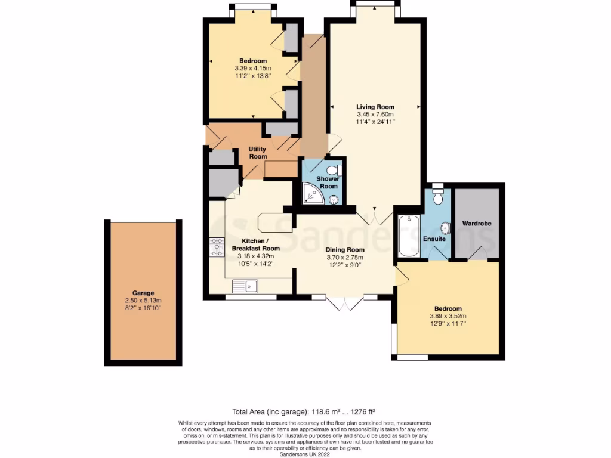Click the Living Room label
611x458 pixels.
click(x=375, y=107)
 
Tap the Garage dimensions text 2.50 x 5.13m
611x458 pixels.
click(x=143, y=300)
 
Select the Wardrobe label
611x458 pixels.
click(x=477, y=224)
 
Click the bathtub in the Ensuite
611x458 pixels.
click(x=409, y=236)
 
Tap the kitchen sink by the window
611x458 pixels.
click(x=245, y=287)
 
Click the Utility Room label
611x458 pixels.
click(x=258, y=153)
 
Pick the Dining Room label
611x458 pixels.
click(x=345, y=250)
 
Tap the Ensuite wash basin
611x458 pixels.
click(x=445, y=228)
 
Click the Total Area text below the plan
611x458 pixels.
click(x=303, y=411)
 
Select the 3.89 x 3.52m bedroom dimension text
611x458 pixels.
click(x=448, y=316)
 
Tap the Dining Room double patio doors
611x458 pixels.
click(x=345, y=303)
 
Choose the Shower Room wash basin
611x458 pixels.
click(x=332, y=200)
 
